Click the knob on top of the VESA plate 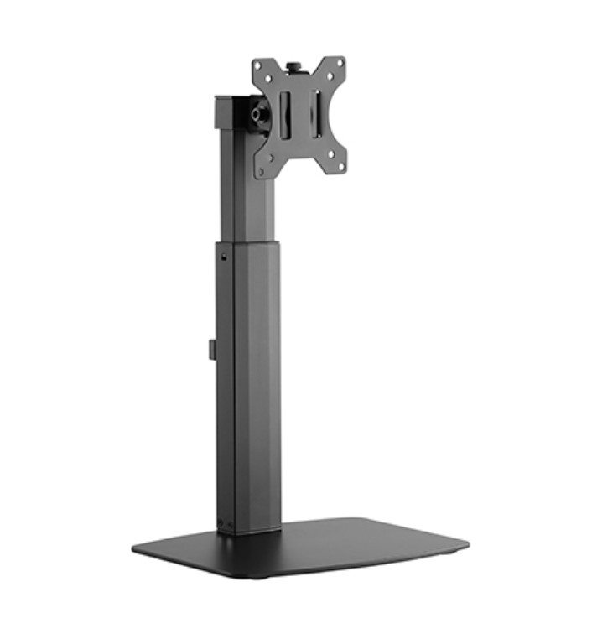296,63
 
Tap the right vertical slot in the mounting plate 316,111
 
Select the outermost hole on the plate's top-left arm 259,65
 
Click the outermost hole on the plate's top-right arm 340,62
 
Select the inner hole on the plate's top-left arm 273,78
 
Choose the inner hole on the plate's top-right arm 327,75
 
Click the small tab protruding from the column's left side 212,349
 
